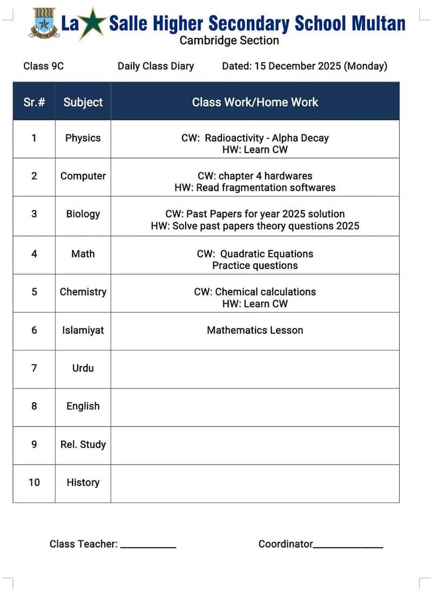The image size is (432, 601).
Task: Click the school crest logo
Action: click(43, 23)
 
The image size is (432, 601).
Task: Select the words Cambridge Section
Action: click(229, 40)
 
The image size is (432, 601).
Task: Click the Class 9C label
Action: click(44, 66)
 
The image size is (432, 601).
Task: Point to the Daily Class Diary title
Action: click(156, 66)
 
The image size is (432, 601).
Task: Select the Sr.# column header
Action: click(34, 102)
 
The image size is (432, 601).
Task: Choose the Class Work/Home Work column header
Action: click(255, 102)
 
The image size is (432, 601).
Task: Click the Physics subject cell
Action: click(83, 138)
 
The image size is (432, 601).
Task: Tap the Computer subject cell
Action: click(83, 176)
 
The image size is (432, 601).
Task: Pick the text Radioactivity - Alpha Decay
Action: click(267, 138)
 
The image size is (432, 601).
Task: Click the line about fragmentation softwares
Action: click(255, 188)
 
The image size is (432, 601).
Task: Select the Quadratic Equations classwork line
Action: click(255, 254)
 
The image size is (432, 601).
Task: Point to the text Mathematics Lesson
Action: click(255, 330)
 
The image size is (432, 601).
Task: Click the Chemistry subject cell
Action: click(83, 292)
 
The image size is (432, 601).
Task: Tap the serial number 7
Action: click(34, 368)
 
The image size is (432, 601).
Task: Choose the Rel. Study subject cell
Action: click(83, 445)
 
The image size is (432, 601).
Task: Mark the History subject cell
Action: click(83, 483)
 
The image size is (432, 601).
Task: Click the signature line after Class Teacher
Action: click(148, 547)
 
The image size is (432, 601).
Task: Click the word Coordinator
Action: click(286, 544)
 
